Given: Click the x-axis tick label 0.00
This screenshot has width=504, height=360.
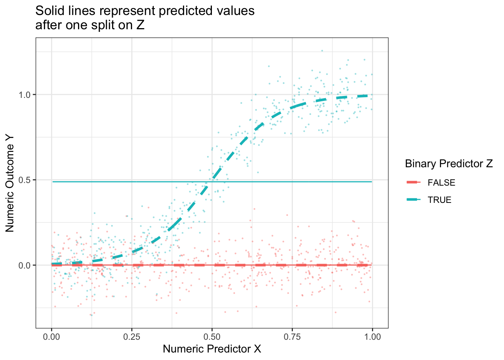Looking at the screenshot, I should click(51, 337).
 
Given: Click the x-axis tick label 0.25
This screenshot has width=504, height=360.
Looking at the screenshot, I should click(132, 337).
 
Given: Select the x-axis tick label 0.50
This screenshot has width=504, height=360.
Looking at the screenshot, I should click(212, 337).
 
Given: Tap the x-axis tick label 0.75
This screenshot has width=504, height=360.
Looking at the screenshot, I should click(292, 337).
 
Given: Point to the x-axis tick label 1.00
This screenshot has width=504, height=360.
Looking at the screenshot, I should click(372, 337).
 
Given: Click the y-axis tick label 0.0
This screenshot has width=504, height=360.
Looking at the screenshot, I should click(25, 265).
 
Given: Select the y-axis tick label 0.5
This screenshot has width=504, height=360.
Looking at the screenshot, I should click(25, 180).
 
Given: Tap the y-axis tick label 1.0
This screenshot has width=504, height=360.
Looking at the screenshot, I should click(25, 94).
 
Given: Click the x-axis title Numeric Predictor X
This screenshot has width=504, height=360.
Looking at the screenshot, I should click(212, 349).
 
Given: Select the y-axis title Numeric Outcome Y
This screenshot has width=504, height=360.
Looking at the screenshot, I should click(10, 183).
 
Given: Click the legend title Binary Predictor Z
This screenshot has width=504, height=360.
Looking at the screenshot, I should click(448, 164).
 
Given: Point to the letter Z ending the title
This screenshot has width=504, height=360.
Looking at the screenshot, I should click(141, 25).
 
